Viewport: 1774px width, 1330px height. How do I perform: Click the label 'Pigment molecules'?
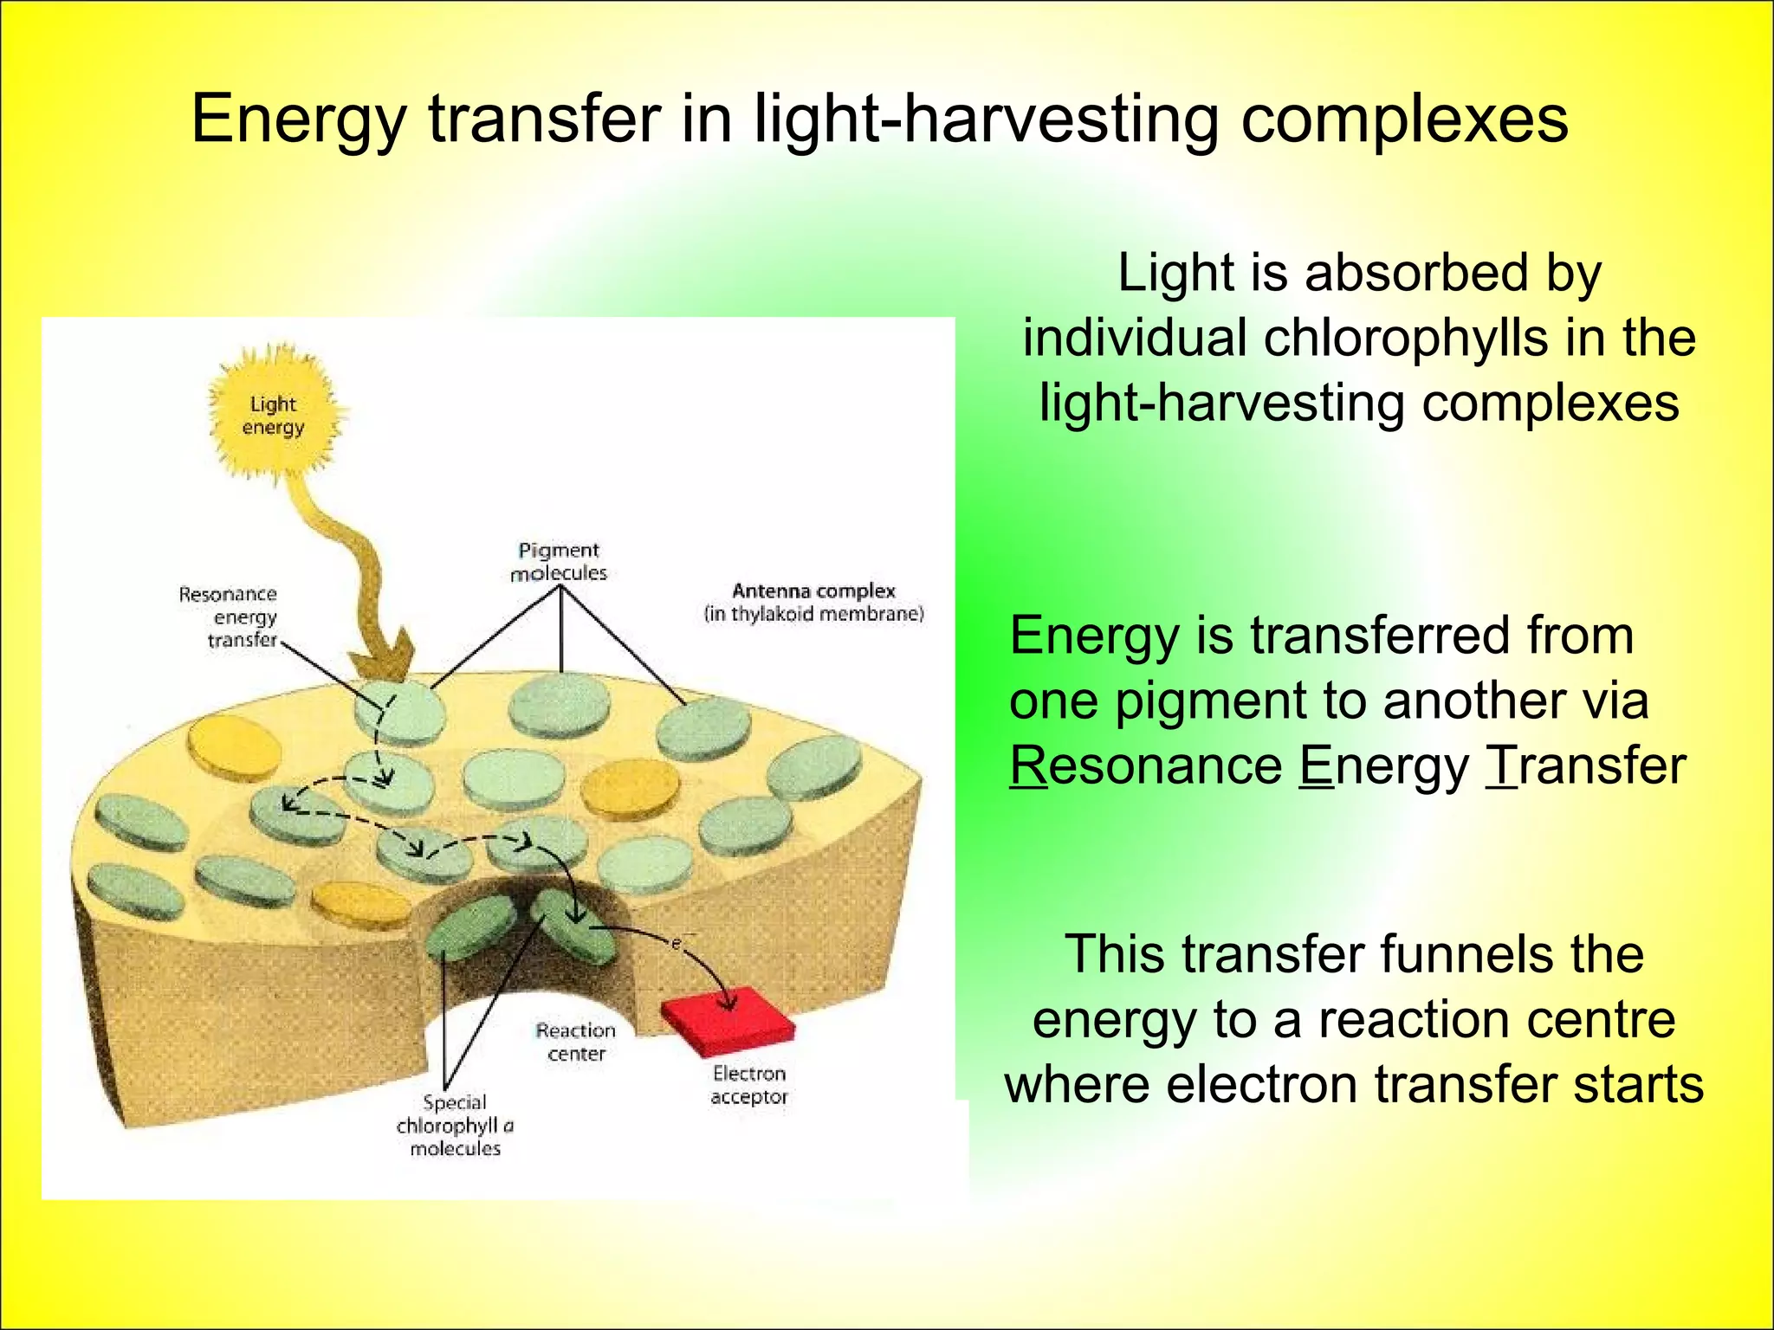559,562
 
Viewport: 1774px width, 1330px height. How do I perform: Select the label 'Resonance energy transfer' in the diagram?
230,617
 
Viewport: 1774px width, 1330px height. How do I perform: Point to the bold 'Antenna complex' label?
813,591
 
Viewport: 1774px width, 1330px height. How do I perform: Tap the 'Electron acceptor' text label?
749,1085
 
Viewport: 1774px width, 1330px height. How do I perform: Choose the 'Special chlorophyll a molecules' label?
455,1126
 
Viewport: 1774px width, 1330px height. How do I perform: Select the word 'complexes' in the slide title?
1404,119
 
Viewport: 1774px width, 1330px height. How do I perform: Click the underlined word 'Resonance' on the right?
1145,766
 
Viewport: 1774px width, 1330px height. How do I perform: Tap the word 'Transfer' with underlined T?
1585,766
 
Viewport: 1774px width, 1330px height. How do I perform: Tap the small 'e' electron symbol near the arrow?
677,943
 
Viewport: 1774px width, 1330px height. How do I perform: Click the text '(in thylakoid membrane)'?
814,615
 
